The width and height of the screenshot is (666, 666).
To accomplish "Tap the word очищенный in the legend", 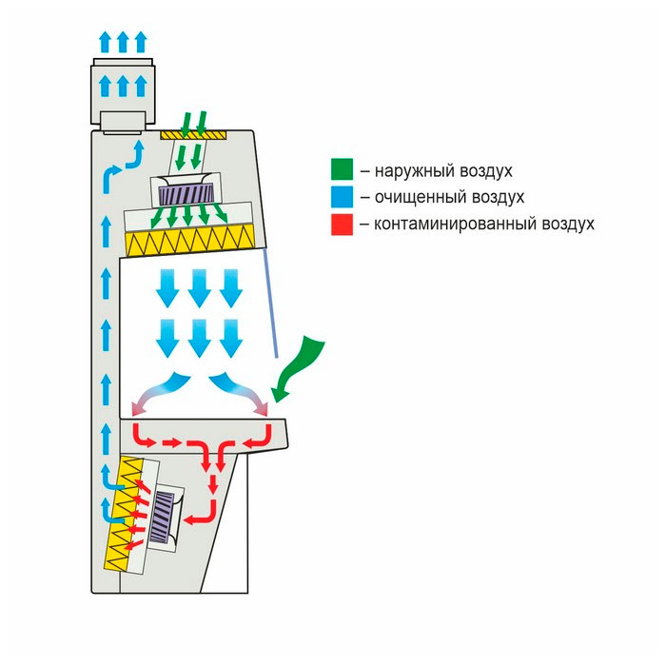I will click(408, 198).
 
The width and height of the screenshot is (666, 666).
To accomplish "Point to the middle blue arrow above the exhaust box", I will click(122, 85).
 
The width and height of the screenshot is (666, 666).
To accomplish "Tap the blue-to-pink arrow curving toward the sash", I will click(249, 395).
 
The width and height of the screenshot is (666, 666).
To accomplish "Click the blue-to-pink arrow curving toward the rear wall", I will click(157, 395).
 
